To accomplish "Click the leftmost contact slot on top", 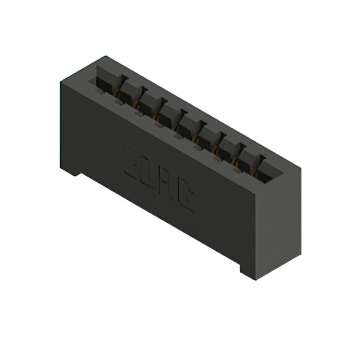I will tap(103, 82).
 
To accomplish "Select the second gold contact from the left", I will tap(137, 103).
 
